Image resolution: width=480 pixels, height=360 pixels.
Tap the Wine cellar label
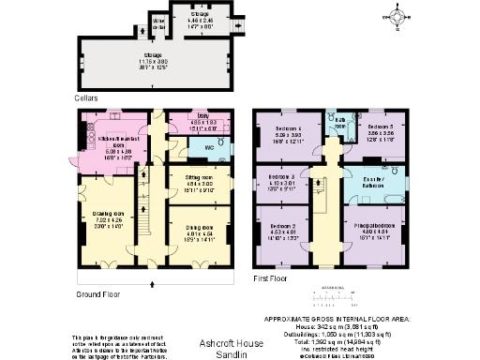(x=159, y=22)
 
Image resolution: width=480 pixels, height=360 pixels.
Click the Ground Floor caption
(x=100, y=293)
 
